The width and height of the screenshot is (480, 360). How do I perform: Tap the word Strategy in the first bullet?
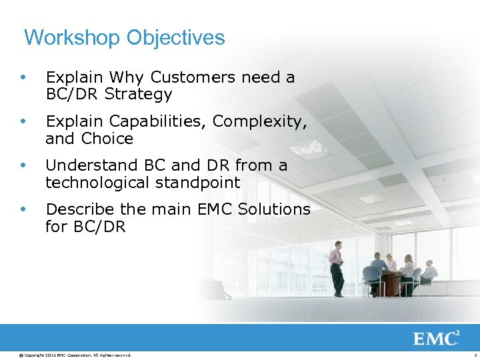tap(138, 95)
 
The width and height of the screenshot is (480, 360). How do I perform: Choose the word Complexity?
tap(259, 122)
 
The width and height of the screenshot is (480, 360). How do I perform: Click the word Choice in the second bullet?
tap(108, 139)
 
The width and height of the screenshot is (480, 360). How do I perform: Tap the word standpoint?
tap(198, 183)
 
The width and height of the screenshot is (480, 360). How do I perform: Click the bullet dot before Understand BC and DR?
tap(24, 166)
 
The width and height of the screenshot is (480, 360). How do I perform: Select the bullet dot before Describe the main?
tap(24, 210)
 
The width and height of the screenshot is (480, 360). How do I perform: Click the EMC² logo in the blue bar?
tap(436, 339)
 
